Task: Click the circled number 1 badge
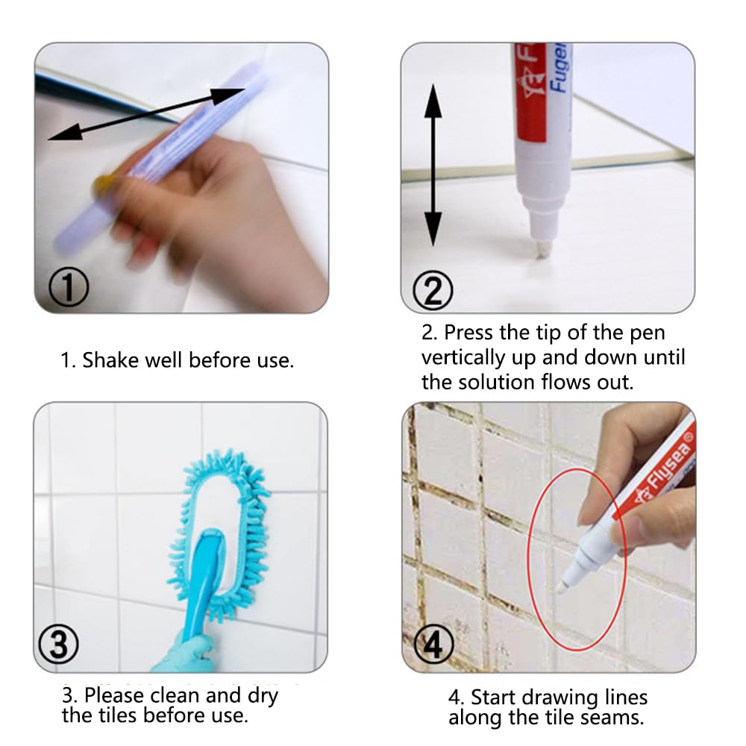pos(69,287)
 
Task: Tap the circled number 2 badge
pos(433,290)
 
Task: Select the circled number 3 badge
pos(58,645)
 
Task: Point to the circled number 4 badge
pos(433,645)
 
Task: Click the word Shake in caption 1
pos(111,360)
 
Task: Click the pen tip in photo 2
pos(542,250)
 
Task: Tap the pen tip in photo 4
pos(562,586)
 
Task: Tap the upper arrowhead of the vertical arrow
pos(433,101)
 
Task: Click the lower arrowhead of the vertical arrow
pos(433,228)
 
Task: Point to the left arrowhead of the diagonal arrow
pos(65,133)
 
